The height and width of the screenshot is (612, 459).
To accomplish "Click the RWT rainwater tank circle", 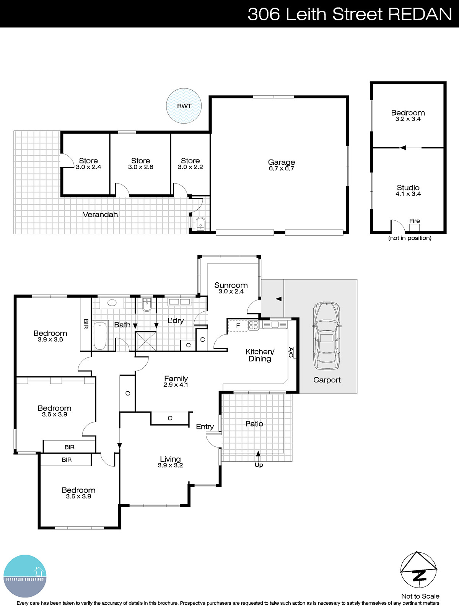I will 184,106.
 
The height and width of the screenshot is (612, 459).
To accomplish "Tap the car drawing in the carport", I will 326,335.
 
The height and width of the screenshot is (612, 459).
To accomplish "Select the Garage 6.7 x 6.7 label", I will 281,165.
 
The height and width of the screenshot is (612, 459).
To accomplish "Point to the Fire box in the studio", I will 414,227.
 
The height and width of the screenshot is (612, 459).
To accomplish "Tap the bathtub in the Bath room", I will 100,335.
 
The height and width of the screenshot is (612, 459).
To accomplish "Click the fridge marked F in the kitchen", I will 238,326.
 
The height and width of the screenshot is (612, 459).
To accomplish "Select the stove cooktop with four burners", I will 253,325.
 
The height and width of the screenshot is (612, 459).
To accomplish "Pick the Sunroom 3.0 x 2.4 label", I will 231,288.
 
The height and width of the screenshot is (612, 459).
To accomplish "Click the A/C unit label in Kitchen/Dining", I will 291,353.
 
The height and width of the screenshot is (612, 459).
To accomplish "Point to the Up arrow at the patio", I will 258,454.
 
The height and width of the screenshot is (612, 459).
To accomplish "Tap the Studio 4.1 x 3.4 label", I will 408,190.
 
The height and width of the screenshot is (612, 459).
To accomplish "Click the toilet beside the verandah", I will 200,225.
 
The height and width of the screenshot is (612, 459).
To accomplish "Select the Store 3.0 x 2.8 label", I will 140,164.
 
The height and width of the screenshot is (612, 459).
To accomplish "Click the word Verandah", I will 100,215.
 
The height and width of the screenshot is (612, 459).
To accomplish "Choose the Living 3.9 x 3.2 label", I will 170,462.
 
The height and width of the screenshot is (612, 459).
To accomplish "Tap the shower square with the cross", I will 146,341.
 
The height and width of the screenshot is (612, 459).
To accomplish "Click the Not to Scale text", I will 420,596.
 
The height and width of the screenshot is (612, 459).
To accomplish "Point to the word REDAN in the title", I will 420,14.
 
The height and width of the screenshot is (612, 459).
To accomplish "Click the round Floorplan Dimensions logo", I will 25,576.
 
